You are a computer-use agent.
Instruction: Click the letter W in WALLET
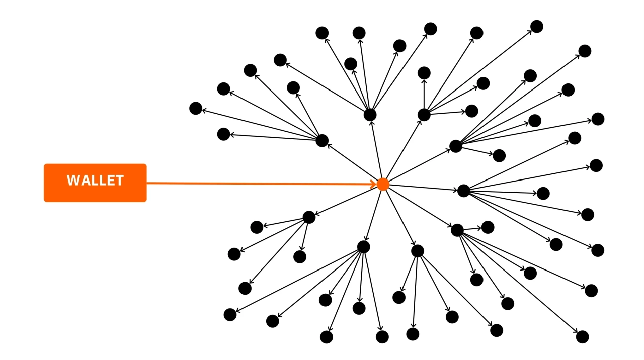click(x=73, y=181)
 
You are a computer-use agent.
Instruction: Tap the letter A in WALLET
click(x=84, y=181)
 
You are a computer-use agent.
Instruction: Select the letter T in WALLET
click(x=119, y=181)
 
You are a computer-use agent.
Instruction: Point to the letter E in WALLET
click(x=110, y=181)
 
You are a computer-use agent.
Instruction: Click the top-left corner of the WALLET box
click(x=44, y=164)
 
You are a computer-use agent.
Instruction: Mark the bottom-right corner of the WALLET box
click(x=146, y=202)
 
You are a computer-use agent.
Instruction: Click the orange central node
click(x=383, y=184)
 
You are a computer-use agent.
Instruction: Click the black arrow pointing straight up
click(x=424, y=94)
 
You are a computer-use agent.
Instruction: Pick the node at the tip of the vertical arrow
click(x=424, y=73)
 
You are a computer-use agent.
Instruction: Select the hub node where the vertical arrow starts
click(x=424, y=115)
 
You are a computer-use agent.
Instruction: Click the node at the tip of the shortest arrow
click(x=488, y=227)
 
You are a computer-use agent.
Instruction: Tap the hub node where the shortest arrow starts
click(x=457, y=230)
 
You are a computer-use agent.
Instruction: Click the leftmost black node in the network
click(x=196, y=108)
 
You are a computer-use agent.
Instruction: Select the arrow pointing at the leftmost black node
click(x=259, y=124)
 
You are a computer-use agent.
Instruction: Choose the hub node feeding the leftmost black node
click(x=322, y=141)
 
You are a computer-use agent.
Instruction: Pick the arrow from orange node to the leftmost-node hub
click(x=353, y=162)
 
